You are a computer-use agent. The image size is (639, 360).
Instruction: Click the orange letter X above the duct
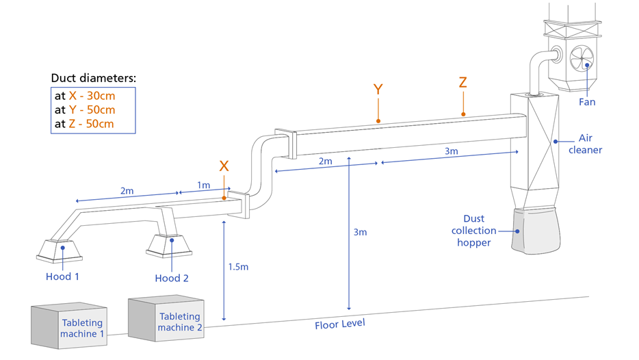224,166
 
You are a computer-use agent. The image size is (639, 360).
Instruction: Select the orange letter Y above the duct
378,90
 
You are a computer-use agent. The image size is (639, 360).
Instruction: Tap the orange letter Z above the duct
463,83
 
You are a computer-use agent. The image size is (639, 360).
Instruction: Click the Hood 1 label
62,277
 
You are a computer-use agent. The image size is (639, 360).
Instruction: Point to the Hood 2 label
171,278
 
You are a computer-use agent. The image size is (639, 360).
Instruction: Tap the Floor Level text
340,324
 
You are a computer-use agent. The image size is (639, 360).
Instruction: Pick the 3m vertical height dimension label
360,232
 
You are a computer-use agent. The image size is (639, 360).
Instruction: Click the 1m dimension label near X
203,185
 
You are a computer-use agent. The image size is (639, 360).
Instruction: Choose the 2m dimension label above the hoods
127,191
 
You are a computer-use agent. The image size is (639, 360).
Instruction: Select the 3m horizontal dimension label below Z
451,152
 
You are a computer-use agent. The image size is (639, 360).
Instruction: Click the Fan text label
587,102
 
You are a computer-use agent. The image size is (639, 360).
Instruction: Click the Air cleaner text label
590,144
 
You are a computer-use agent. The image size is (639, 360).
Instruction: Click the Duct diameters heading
93,78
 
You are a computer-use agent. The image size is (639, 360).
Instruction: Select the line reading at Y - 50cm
85,110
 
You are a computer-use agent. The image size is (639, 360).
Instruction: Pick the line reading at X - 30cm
85,96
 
